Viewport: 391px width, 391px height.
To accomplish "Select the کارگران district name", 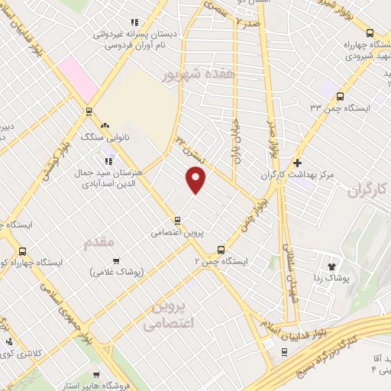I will coord(373,189).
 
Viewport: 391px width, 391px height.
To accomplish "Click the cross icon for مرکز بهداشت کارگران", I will coord(297,163).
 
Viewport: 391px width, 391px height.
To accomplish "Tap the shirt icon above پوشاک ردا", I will coord(332,267).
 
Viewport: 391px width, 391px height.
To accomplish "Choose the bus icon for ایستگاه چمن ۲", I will coord(221,249).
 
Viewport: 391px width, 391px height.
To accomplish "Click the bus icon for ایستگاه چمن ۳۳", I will coord(339,96).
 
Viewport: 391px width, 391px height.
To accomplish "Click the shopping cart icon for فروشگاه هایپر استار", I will coord(95,376).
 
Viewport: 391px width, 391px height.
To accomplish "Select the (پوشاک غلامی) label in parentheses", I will coord(112,273).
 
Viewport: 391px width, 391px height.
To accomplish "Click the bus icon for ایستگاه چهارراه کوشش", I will coord(21,251).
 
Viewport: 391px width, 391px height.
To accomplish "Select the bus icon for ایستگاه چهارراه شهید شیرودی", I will coord(370,33).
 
